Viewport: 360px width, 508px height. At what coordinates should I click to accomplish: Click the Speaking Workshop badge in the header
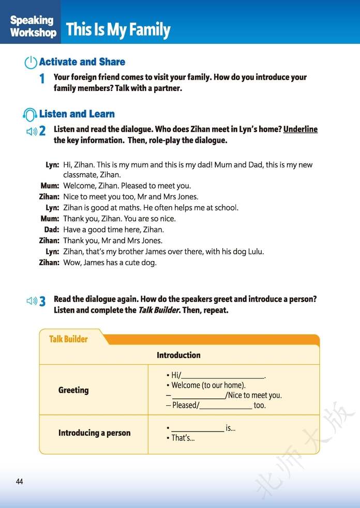(33, 26)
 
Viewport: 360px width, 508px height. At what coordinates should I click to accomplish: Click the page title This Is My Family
(118, 29)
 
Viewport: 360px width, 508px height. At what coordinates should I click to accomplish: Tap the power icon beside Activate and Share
(31, 63)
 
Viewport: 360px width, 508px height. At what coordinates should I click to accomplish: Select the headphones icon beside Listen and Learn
(31, 114)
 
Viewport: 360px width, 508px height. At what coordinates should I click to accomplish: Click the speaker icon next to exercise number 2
(32, 131)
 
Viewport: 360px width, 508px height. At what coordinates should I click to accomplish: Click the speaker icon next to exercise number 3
(32, 301)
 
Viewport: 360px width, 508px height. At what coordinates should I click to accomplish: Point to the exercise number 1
(42, 79)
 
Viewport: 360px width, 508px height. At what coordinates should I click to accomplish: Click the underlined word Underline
(301, 129)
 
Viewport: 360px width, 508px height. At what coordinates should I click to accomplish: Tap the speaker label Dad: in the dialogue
(52, 229)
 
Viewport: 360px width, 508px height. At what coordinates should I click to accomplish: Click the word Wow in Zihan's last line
(71, 263)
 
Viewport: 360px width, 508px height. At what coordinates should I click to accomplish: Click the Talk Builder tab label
(68, 339)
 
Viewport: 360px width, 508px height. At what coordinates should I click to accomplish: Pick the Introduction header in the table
(178, 355)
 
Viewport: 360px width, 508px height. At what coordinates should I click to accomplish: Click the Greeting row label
(73, 390)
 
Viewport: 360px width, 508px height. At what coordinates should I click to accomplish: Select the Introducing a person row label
(94, 433)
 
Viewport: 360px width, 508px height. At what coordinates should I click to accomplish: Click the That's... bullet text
(183, 438)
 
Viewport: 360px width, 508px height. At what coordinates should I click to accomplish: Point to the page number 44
(19, 482)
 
